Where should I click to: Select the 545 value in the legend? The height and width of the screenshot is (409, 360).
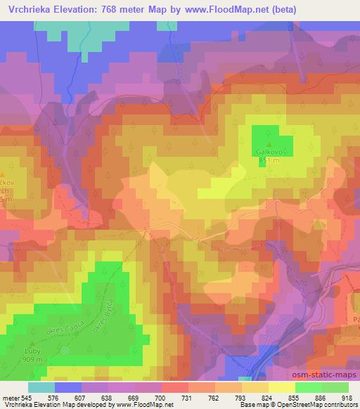click(27, 398)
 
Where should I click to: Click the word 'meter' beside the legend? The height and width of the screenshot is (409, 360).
click(10, 398)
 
